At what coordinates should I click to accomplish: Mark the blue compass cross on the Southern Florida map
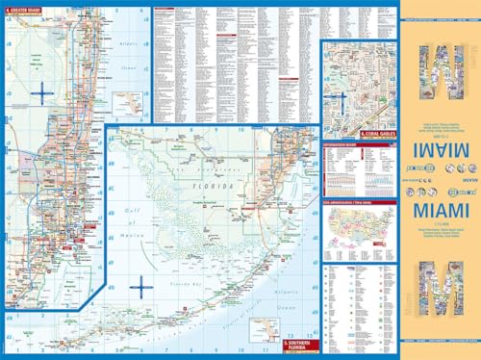coord(141,286)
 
